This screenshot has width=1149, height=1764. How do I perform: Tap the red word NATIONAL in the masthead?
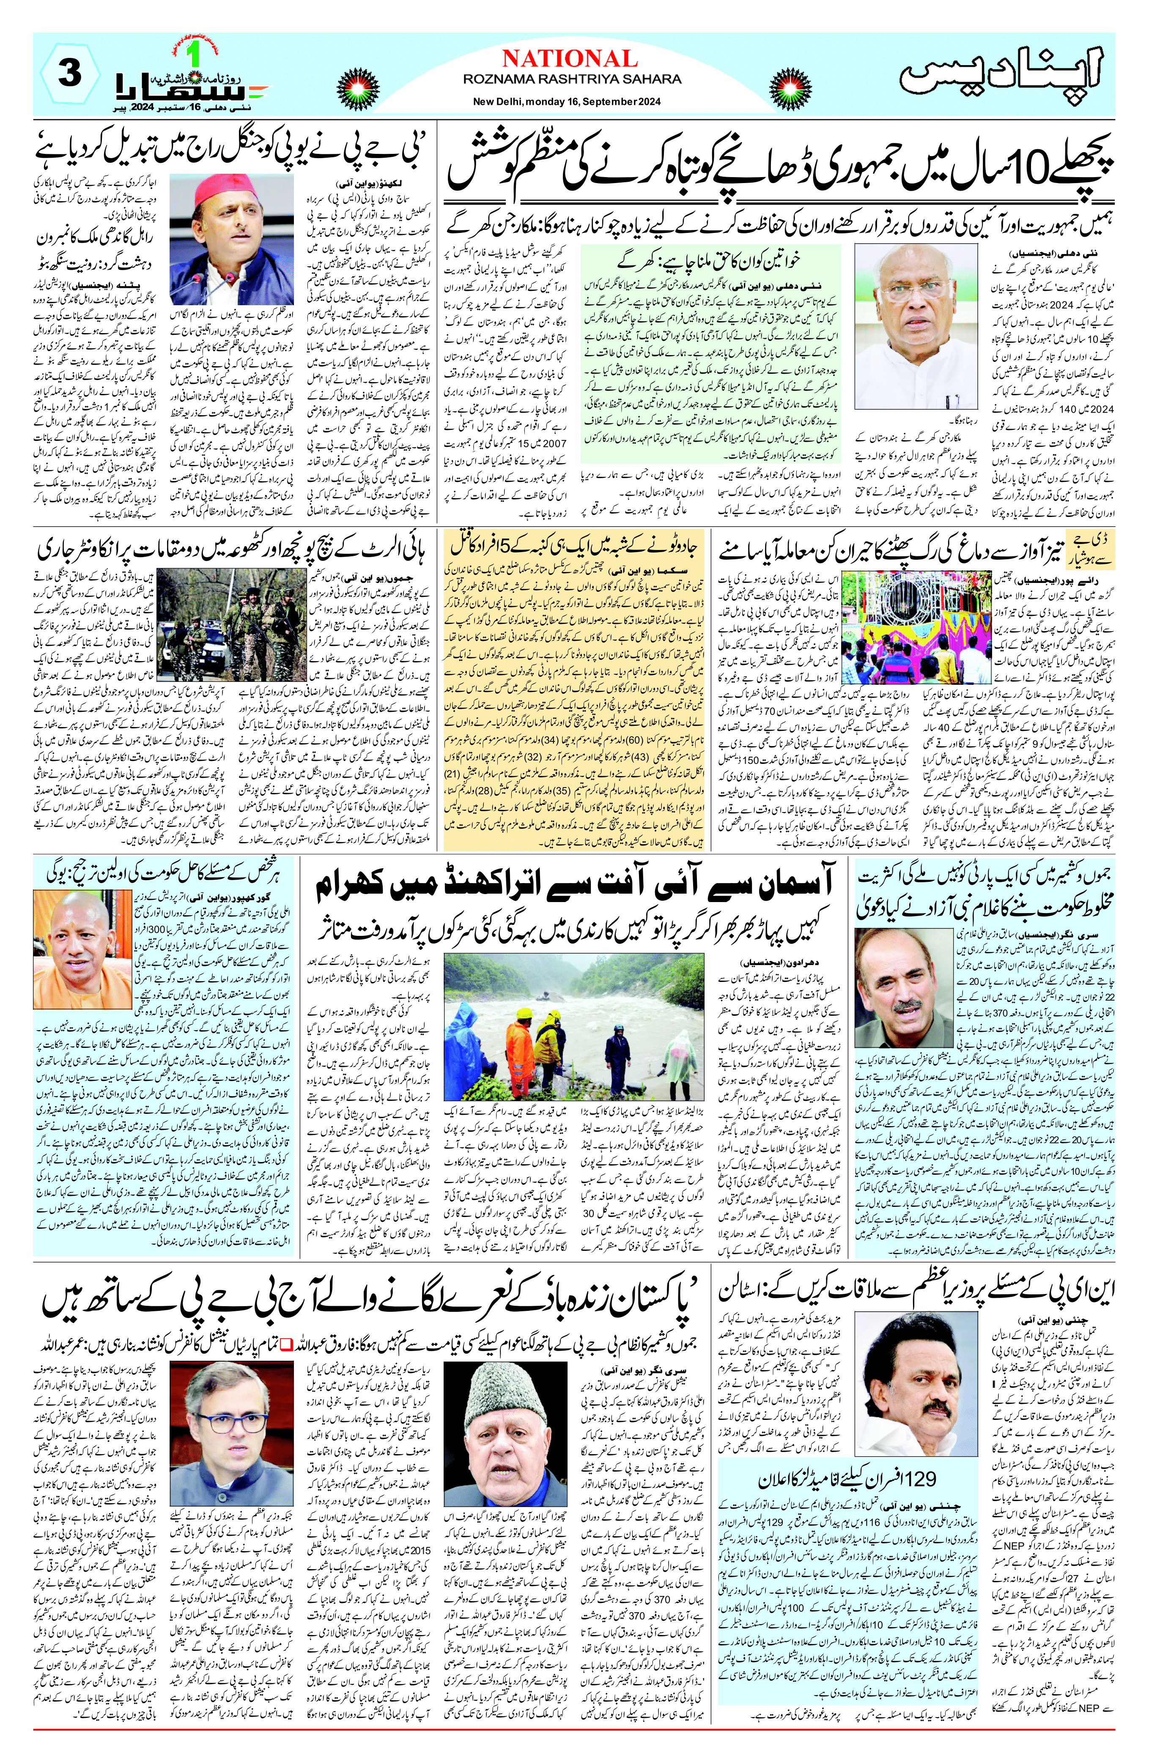[569, 59]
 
